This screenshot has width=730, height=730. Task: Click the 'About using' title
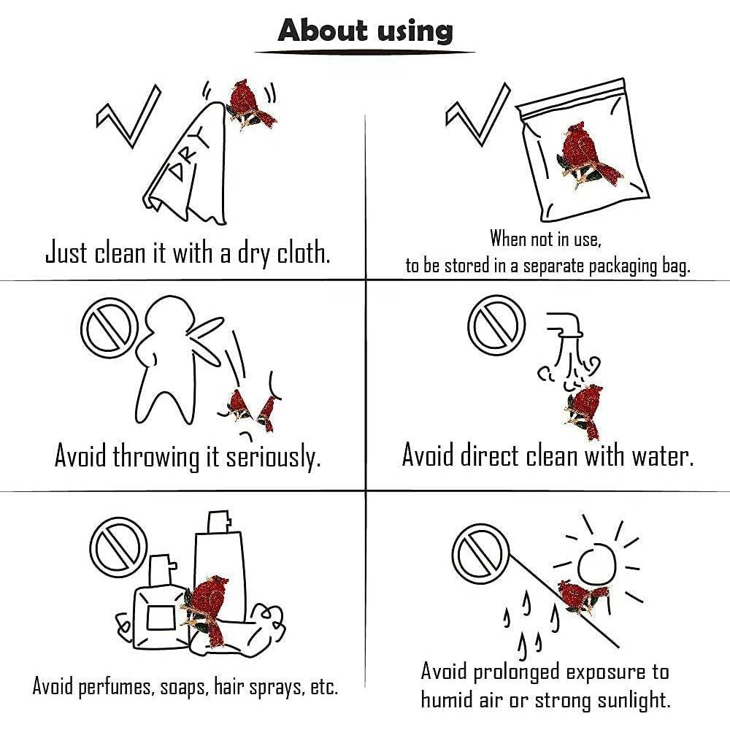tap(365, 31)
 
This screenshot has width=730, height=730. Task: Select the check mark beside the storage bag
tap(477, 115)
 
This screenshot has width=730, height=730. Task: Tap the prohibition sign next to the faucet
tap(496, 325)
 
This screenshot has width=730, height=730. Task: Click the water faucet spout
tap(565, 325)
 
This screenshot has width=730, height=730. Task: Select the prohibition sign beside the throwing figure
tap(110, 328)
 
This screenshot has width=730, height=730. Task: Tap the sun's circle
tap(597, 565)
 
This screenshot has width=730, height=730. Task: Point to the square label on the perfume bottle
tap(161, 618)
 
